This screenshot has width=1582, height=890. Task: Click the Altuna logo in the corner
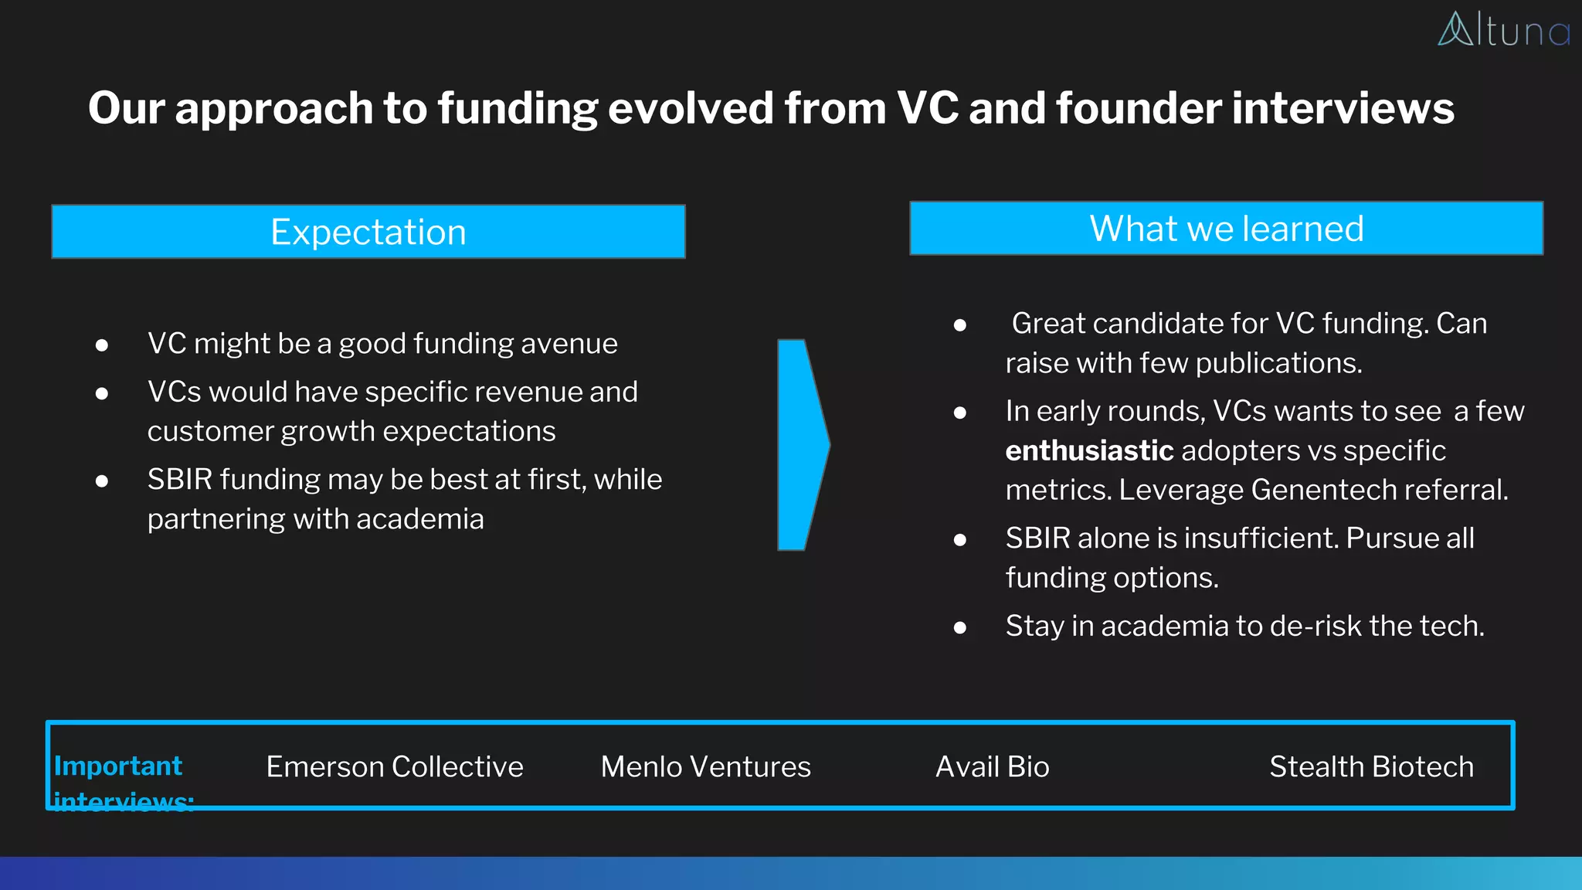point(1502,30)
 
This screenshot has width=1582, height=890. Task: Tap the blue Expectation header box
point(368,232)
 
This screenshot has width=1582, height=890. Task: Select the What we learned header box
point(1226,229)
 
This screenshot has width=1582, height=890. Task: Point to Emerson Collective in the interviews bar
point(395,767)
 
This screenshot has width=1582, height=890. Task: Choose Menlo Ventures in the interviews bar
point(705,767)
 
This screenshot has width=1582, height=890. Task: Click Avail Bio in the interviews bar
point(992,767)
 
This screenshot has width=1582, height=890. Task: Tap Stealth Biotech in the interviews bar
point(1371,767)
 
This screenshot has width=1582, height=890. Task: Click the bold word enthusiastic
point(1089,450)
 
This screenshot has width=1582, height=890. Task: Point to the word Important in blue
point(118,766)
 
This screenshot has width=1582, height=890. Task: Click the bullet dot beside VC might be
point(102,345)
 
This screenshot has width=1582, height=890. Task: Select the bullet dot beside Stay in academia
point(960,627)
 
